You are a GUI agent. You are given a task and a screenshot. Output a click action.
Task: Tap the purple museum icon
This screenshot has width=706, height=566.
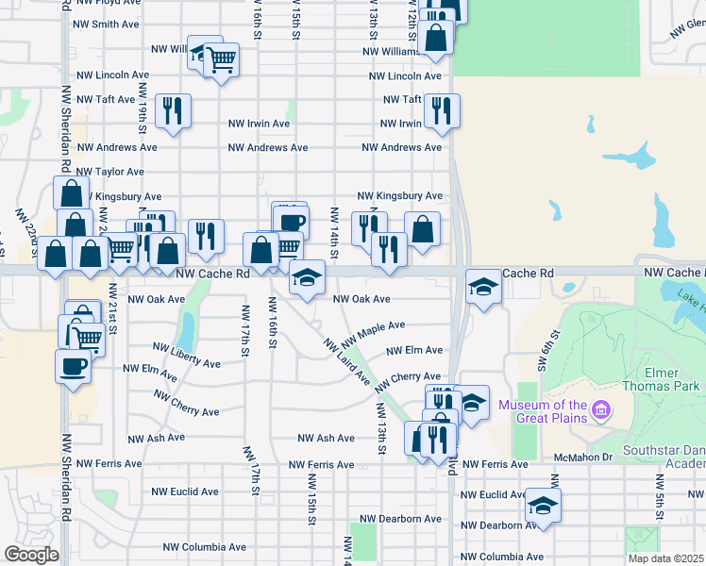click(x=600, y=411)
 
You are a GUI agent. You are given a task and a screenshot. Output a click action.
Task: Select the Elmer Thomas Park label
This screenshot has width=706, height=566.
click(x=662, y=378)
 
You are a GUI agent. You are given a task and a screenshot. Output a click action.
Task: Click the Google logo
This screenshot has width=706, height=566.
click(x=31, y=555)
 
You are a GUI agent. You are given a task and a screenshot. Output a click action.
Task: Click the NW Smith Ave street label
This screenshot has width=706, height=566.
click(x=108, y=24)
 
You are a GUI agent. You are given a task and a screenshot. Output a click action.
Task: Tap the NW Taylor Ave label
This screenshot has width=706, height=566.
click(x=110, y=172)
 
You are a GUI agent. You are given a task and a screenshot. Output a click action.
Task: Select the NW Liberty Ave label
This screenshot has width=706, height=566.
click(x=187, y=363)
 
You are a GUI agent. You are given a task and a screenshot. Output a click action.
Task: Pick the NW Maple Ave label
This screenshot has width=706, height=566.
click(x=374, y=332)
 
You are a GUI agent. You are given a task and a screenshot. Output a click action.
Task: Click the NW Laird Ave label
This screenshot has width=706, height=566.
click(x=345, y=361)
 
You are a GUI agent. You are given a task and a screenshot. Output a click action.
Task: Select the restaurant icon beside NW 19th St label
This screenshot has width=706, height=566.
click(x=174, y=111)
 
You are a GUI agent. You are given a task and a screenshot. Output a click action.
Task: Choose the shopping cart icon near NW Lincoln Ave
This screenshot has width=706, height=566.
click(x=221, y=61)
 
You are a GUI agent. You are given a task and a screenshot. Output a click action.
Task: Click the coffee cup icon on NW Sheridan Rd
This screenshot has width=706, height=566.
click(x=72, y=366)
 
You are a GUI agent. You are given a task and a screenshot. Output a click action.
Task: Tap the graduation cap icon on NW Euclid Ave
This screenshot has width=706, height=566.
click(x=543, y=506)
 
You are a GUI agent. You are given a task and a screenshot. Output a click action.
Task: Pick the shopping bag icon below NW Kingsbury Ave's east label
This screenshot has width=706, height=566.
click(x=422, y=228)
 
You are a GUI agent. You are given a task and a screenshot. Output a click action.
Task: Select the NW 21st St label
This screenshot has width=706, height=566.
click(x=112, y=307)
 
